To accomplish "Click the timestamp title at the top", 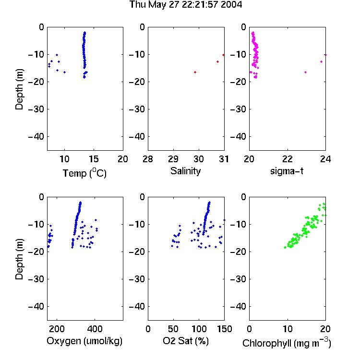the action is coord(185,4).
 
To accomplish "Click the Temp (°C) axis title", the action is coord(84,173).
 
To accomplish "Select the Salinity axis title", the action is coord(185,171).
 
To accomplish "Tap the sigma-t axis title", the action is coord(287,171).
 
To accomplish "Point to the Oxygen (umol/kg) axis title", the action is coord(84,341).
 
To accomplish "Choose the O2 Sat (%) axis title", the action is coord(186,341).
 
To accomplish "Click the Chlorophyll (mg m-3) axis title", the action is coord(287,342).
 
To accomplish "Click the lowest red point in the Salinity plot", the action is coord(195,72).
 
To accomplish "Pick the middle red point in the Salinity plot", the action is coord(217,62).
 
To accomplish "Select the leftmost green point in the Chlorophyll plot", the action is coord(285,247).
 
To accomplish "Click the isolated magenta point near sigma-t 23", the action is coord(305,72).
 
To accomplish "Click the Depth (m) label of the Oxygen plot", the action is coord(19,259).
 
